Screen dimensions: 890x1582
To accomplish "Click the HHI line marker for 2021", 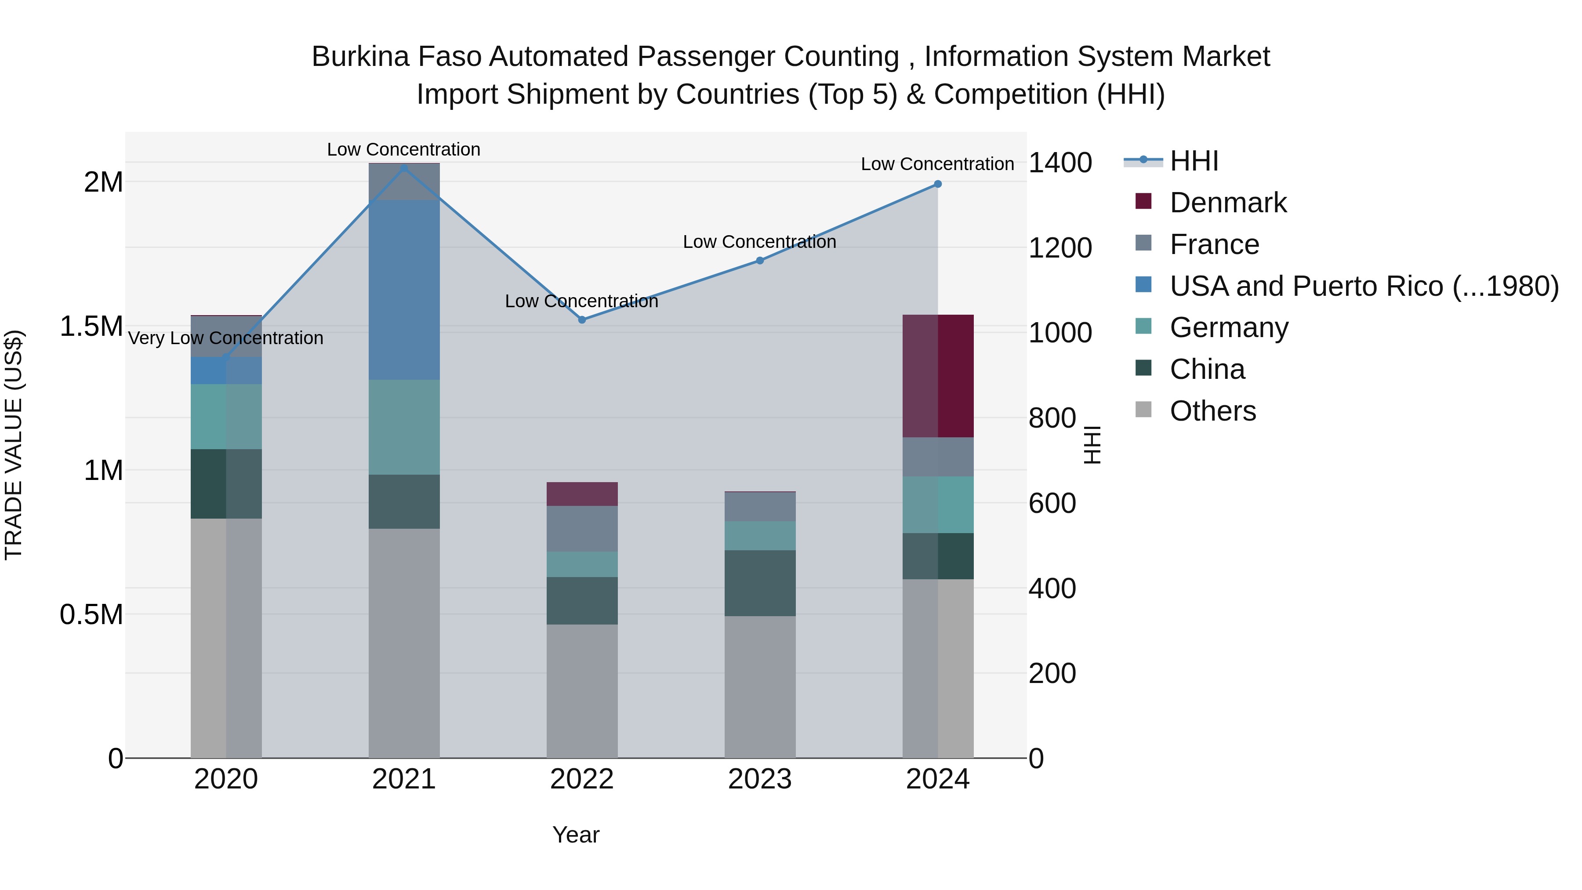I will (x=403, y=168).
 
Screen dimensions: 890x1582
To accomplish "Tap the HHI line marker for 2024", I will (x=937, y=184).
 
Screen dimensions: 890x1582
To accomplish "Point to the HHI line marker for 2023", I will (x=760, y=261).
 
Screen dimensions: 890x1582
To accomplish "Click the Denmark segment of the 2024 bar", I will (x=938, y=376).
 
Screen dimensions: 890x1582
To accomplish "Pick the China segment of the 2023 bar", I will (x=760, y=583).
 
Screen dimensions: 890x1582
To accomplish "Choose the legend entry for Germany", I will (x=1228, y=327).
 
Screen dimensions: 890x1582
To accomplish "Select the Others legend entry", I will (x=1212, y=411).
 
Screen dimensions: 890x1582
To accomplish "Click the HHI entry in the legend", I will (x=1193, y=161).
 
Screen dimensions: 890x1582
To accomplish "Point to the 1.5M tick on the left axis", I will (x=91, y=326).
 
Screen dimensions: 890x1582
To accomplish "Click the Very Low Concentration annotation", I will (x=225, y=338).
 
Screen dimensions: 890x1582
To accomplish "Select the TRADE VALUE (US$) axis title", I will (x=14, y=445).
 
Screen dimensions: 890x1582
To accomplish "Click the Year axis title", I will (x=575, y=835).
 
